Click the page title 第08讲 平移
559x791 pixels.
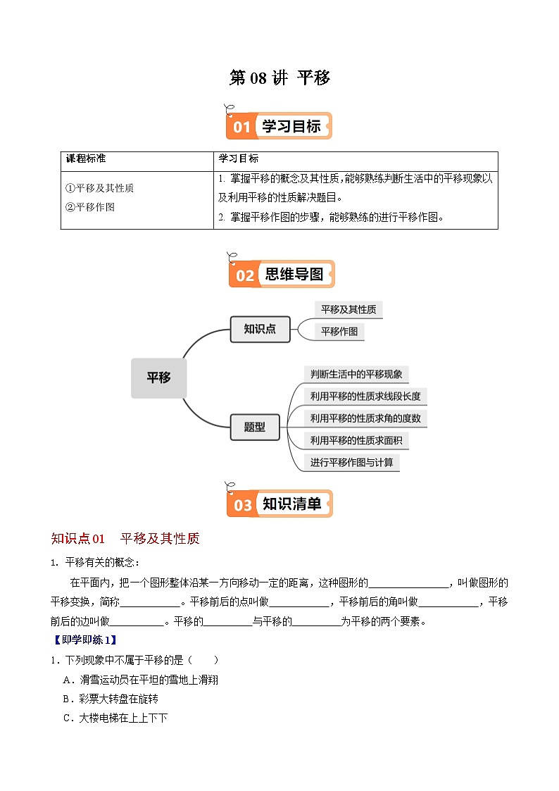tap(279, 78)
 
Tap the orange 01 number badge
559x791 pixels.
tap(241, 127)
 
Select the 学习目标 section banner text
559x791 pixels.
tap(291, 126)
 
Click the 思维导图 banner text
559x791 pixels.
tap(294, 275)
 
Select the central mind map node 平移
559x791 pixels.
tap(158, 378)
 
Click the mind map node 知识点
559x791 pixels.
tap(260, 329)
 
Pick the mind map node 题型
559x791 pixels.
tap(255, 427)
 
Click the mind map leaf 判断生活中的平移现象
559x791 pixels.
tap(356, 374)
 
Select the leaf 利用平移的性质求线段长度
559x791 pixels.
tap(365, 396)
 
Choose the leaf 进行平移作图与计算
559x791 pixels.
tap(352, 463)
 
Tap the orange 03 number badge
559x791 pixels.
tap(243, 505)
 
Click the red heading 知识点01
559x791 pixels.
tap(78, 539)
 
